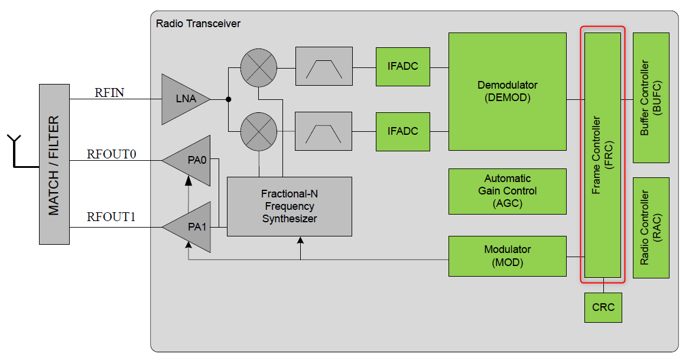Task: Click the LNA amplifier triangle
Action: click(183, 99)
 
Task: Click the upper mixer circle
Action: click(259, 67)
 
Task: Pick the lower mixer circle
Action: click(259, 131)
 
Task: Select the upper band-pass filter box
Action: click(323, 67)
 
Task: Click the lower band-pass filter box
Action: click(323, 131)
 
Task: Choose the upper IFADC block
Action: click(402, 66)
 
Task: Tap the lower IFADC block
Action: click(402, 131)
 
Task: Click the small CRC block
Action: click(603, 307)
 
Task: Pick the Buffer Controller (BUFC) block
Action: click(651, 98)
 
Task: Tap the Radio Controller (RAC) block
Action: click(651, 228)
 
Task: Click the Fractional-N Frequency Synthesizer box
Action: click(290, 206)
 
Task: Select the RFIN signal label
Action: click(109, 92)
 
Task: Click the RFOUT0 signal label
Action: click(112, 154)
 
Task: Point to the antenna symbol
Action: click(14, 151)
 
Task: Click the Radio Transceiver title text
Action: click(198, 24)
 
